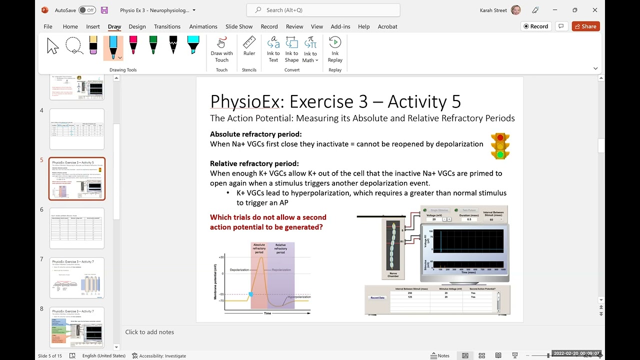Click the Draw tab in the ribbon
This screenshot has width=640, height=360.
[x=114, y=26]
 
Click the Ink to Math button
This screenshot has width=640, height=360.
[x=310, y=49]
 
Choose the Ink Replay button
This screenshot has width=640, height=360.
[x=335, y=49]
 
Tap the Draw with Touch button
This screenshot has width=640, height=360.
[x=221, y=49]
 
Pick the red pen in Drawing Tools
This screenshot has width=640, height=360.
[x=133, y=45]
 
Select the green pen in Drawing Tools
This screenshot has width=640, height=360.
[x=153, y=45]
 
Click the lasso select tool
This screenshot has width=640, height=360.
[x=74, y=45]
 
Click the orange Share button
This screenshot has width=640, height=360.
[x=585, y=26]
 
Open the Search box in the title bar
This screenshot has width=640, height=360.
[x=323, y=10]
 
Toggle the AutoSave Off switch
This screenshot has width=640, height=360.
[x=87, y=10]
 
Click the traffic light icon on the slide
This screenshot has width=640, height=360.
[x=500, y=146]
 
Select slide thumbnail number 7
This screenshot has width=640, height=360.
[x=77, y=277]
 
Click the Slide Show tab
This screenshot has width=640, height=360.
[x=239, y=26]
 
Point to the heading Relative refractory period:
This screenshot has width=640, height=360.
[x=254, y=163]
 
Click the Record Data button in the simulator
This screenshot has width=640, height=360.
[x=377, y=297]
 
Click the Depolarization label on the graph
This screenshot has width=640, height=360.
[x=239, y=270]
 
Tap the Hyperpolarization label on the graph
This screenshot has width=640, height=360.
[x=298, y=297]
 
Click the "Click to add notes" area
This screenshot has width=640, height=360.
[x=149, y=332]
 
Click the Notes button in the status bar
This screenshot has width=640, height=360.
[x=440, y=355]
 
